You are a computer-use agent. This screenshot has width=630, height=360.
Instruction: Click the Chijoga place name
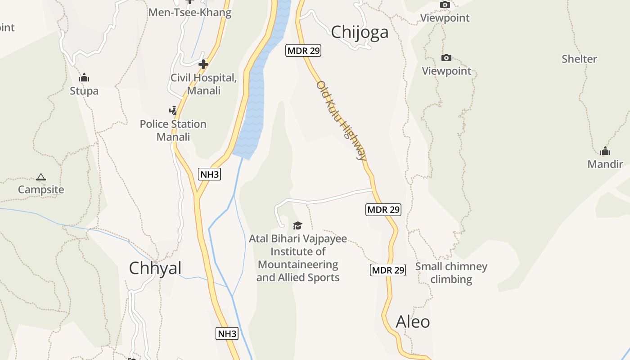point(360,32)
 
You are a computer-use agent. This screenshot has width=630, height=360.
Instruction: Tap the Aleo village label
point(413,322)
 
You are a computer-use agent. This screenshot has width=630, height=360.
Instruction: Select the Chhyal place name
point(155,268)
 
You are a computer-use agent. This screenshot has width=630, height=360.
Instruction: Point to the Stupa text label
point(84,91)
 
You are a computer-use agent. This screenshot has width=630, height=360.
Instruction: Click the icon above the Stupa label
point(84,77)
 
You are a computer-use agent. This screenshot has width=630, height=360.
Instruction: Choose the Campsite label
point(41,189)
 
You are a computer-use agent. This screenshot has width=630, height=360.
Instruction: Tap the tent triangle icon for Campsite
point(41,177)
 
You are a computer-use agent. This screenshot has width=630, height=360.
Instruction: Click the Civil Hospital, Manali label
point(203,84)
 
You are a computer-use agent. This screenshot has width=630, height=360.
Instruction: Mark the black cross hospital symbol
point(203,64)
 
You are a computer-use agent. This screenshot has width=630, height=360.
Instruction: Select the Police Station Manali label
point(173,130)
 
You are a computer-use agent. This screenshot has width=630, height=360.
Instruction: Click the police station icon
point(173,110)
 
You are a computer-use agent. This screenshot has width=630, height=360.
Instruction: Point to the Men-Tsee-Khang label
point(190,12)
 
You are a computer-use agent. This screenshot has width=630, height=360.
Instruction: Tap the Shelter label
point(579,59)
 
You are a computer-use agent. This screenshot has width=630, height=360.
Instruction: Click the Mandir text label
point(605,164)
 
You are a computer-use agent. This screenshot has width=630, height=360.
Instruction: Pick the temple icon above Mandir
point(605,151)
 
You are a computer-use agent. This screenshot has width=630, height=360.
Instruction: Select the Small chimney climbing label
point(451,273)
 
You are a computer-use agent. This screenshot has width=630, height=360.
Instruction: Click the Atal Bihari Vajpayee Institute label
point(298,258)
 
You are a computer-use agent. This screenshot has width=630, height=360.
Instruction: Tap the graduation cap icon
point(297,225)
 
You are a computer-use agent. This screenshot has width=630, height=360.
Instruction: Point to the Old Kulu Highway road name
point(342,121)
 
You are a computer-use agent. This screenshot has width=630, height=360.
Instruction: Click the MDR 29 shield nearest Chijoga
point(303,50)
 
